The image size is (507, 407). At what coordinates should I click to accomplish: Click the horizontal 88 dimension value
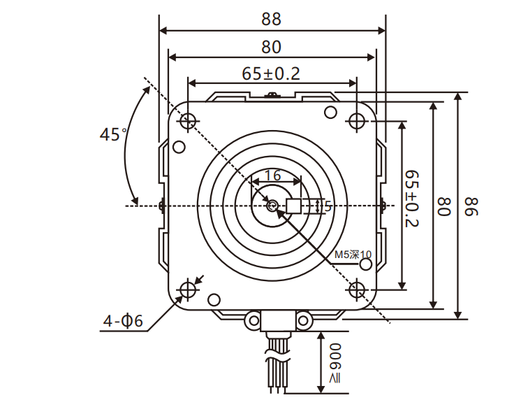click(x=272, y=18)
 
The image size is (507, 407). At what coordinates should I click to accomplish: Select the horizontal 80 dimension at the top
click(x=272, y=47)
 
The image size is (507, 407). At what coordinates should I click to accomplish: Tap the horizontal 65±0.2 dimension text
click(x=271, y=73)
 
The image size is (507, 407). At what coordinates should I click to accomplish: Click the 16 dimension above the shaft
click(x=272, y=175)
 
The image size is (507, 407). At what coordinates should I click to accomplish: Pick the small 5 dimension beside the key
click(x=328, y=206)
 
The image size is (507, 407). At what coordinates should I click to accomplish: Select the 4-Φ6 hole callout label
click(x=123, y=321)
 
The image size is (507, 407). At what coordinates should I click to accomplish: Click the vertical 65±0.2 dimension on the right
click(x=412, y=198)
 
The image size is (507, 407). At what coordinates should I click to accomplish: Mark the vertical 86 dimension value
click(x=472, y=206)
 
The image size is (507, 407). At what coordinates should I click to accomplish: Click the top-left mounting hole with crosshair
click(x=187, y=122)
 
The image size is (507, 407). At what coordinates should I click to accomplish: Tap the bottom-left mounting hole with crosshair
click(x=187, y=290)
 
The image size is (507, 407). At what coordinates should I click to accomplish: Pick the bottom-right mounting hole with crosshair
click(x=357, y=290)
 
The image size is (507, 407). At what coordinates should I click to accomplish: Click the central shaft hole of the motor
click(x=272, y=206)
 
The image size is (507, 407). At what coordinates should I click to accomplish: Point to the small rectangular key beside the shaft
click(x=294, y=206)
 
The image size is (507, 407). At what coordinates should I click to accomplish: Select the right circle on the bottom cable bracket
click(x=303, y=320)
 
